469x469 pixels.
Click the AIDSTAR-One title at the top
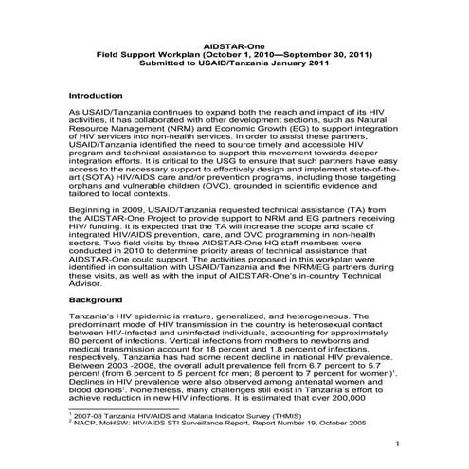pyautogui.click(x=234, y=45)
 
